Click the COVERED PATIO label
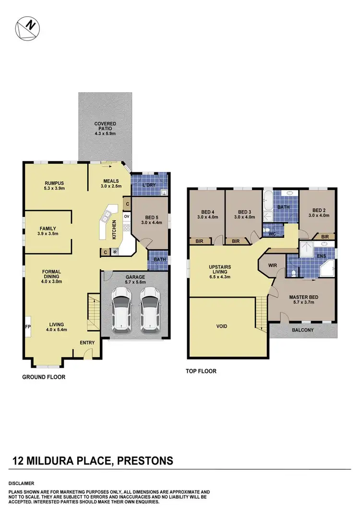[105, 127]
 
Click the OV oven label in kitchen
[127, 216]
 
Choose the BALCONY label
[302, 330]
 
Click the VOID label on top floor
[222, 326]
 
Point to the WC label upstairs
[271, 235]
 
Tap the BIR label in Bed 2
[324, 237]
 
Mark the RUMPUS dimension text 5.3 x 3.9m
[55, 189]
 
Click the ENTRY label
[87, 343]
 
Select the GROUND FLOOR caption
[44, 377]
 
